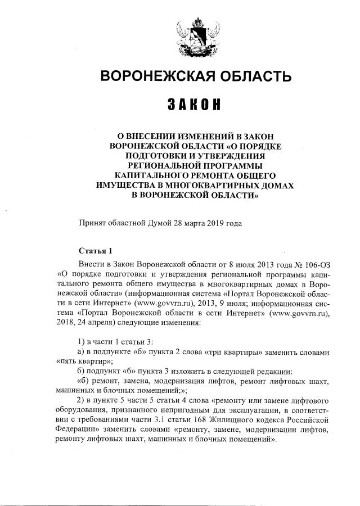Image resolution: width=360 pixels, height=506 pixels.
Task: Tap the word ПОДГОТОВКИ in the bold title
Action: pos(161,156)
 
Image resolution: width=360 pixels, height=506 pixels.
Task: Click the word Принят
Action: pos(91,223)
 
